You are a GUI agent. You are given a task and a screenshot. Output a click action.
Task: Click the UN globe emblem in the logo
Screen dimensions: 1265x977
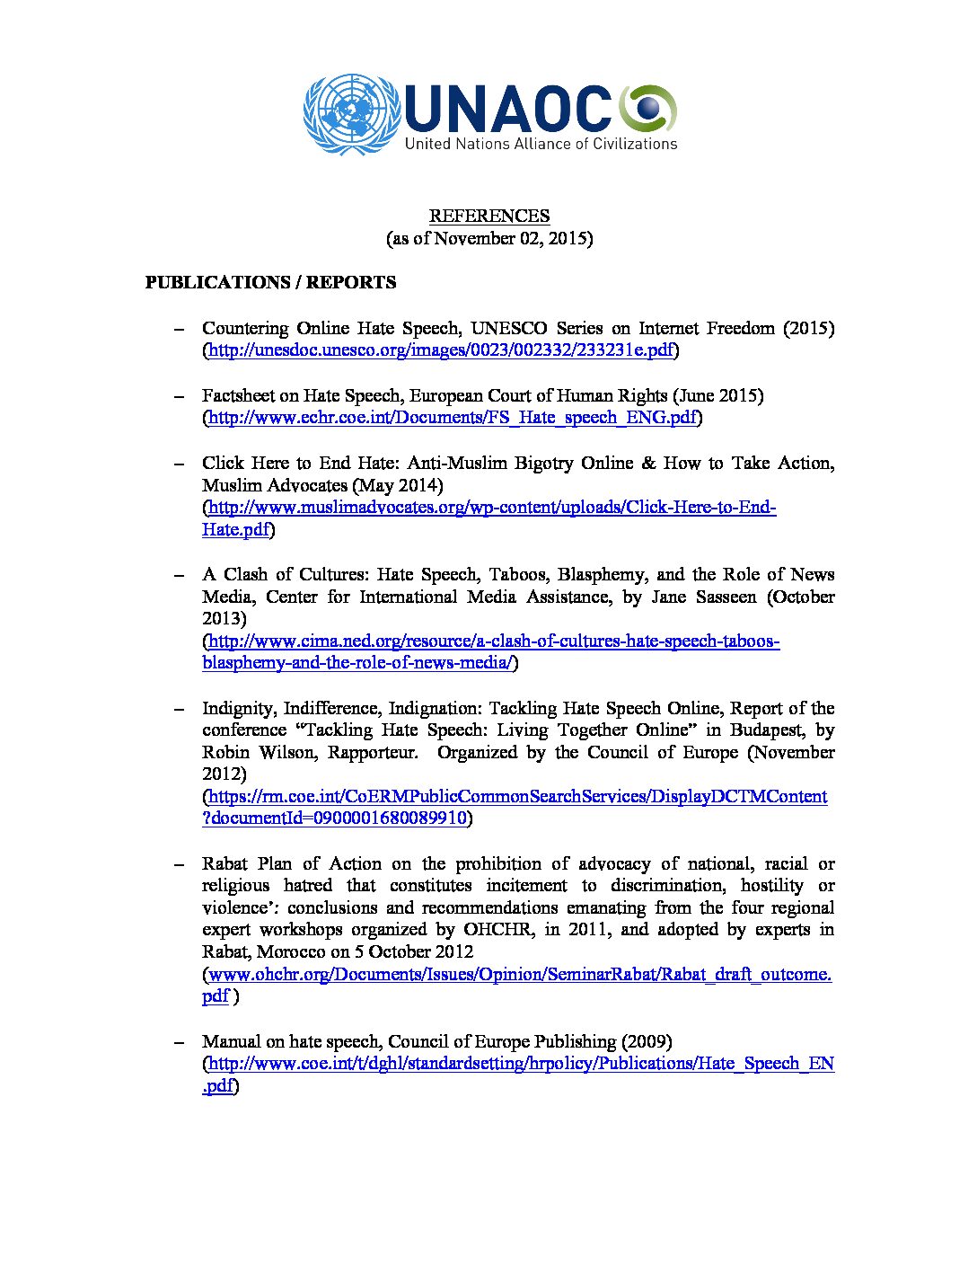tap(350, 113)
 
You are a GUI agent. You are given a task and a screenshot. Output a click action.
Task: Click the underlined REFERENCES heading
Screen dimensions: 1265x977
tap(489, 216)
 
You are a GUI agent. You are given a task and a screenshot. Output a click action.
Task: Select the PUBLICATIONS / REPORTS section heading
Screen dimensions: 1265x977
tap(270, 282)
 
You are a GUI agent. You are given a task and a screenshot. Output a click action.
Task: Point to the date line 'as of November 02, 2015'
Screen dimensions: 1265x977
tap(489, 238)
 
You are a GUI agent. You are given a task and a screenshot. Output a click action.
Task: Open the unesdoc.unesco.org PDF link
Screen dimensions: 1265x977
tap(440, 350)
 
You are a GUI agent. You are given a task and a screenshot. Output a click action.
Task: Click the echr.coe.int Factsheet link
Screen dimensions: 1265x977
tap(453, 418)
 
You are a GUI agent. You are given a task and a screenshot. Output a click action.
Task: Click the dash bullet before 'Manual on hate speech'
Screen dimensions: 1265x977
tap(180, 1041)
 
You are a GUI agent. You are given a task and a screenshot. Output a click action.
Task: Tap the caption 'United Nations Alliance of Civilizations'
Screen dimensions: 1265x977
tap(541, 144)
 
